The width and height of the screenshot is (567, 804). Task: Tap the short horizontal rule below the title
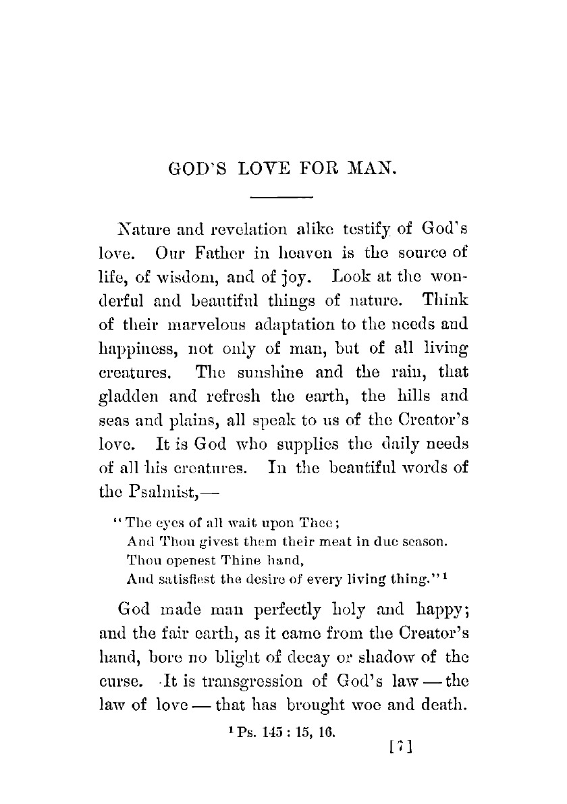click(282, 197)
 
